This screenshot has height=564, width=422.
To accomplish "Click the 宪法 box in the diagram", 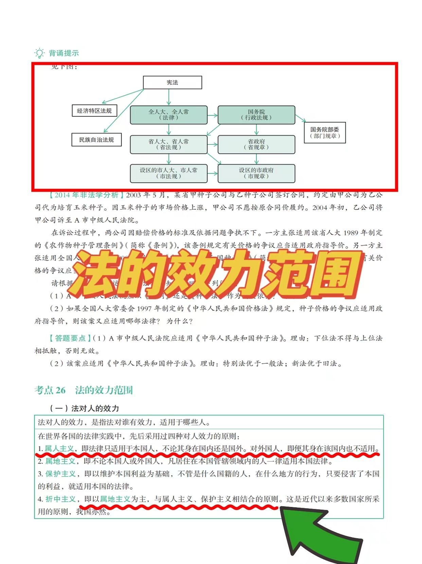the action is click(x=172, y=83).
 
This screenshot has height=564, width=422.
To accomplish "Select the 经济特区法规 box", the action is click(x=94, y=111).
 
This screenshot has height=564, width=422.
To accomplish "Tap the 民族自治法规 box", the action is click(x=96, y=140).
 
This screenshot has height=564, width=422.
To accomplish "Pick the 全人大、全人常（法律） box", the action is click(x=169, y=115).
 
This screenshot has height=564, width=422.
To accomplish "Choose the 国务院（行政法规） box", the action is click(x=256, y=115).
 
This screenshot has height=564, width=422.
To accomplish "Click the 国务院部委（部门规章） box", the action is click(x=324, y=133).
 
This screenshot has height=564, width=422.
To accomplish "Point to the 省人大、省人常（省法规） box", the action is click(x=169, y=144).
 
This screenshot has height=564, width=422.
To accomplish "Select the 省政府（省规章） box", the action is click(x=256, y=144).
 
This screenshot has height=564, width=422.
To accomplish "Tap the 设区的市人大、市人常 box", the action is click(x=169, y=173).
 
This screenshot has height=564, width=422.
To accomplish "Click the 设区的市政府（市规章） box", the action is click(x=256, y=173).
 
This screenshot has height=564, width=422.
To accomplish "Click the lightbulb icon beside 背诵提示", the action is click(x=39, y=53).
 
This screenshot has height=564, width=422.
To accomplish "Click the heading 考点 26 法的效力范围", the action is click(x=84, y=390).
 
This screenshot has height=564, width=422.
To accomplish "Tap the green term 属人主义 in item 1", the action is click(x=59, y=448).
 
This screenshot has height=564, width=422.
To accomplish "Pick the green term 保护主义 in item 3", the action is click(x=60, y=474).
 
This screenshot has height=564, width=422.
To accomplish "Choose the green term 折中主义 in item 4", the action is click(x=60, y=499).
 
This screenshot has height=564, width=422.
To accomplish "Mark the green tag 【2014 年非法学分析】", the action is click(x=84, y=195).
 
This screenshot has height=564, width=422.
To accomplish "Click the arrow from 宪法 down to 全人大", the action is click(x=169, y=97).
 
